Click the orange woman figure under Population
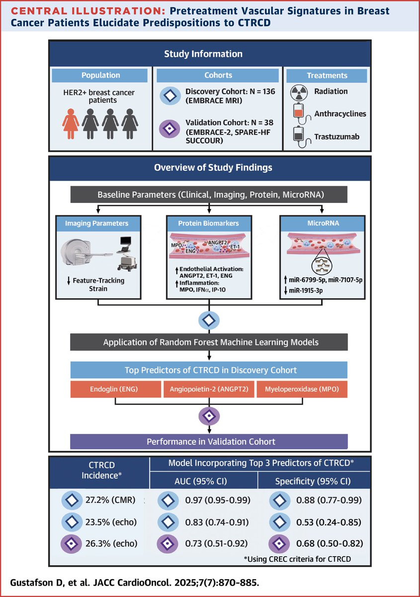pyautogui.click(x=71, y=124)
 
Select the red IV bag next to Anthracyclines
pyautogui.click(x=299, y=110)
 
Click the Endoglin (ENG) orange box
pyautogui.click(x=116, y=389)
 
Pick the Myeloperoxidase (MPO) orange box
pyautogui.click(x=302, y=389)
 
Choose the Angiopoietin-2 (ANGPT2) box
pyautogui.click(x=209, y=389)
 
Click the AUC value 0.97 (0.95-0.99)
pyautogui.click(x=218, y=500)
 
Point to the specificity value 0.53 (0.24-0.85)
pyautogui.click(x=329, y=522)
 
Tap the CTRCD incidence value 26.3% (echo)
pyautogui.click(x=111, y=543)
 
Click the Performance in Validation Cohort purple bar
pyautogui.click(x=209, y=442)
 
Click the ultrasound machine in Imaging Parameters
pyautogui.click(x=127, y=254)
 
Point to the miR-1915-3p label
pyautogui.click(x=306, y=290)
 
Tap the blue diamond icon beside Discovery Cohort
pyautogui.click(x=170, y=96)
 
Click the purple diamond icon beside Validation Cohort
pyautogui.click(x=169, y=129)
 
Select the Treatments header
pyautogui.click(x=327, y=76)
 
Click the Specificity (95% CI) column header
pyautogui.click(x=313, y=482)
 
